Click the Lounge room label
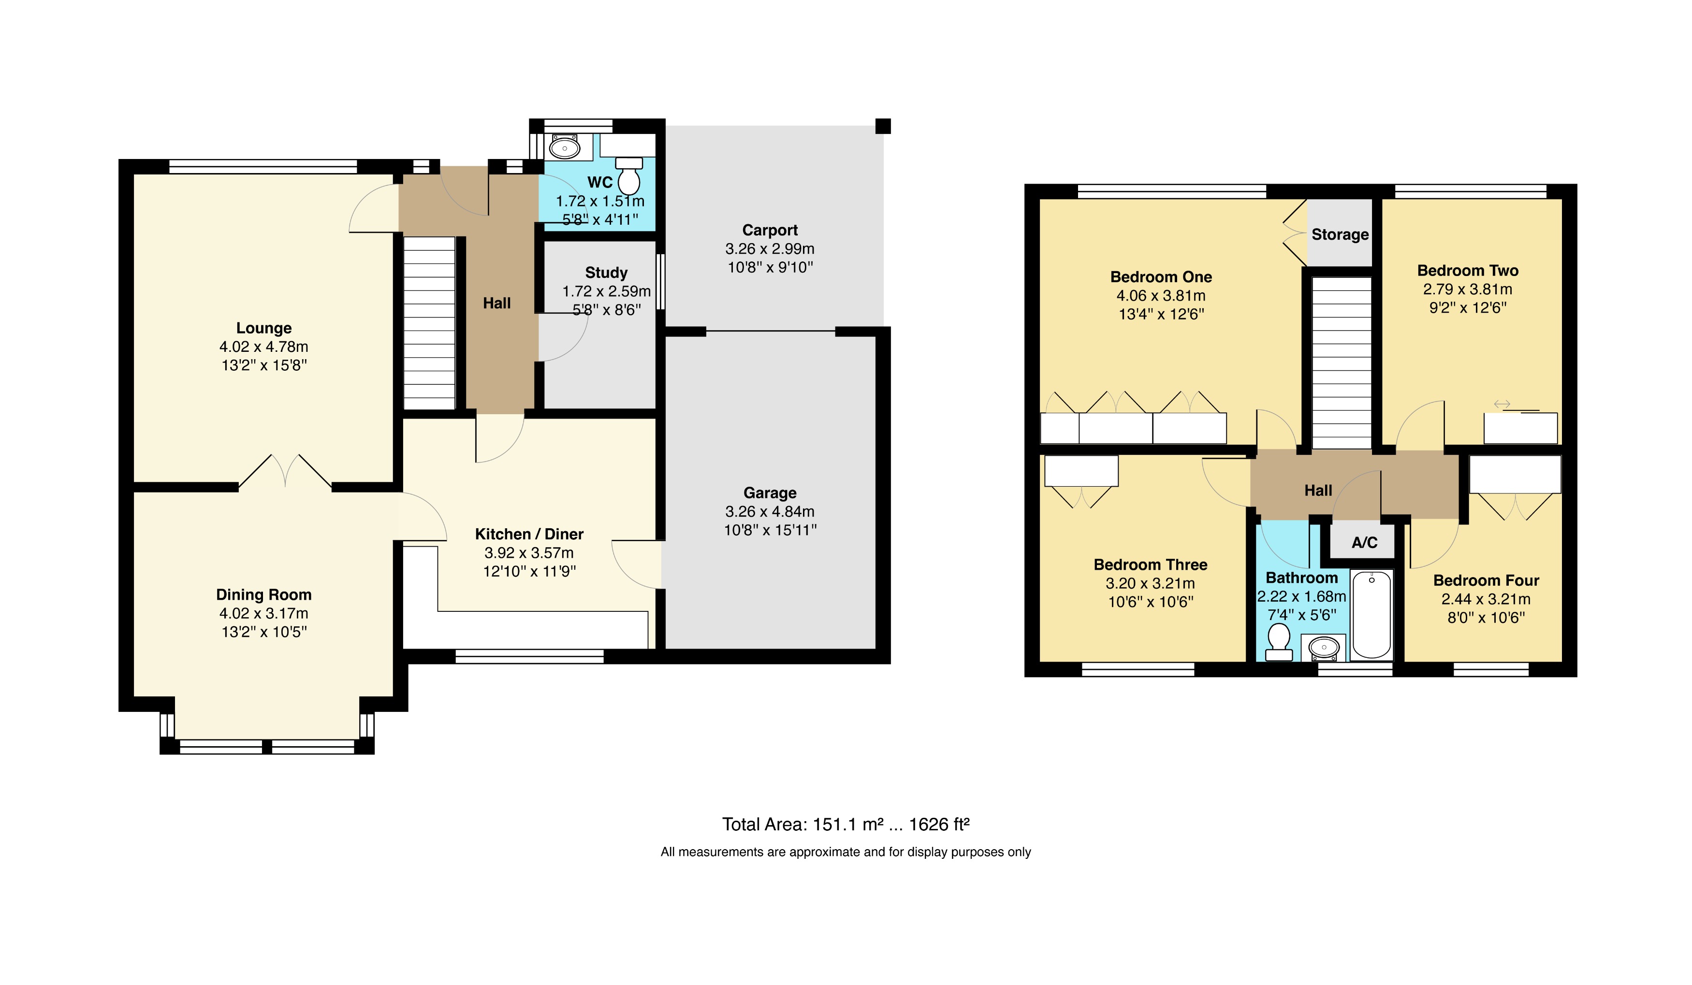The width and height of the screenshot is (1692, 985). point(264,328)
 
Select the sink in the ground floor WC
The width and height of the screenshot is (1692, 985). point(565,147)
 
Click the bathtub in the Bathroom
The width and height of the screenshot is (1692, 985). point(1371,614)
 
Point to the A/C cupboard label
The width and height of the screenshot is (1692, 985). point(1364,542)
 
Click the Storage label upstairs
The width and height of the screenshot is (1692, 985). point(1340,234)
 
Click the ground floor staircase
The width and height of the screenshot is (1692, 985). point(429,322)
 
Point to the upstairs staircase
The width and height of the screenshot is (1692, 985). point(1341,362)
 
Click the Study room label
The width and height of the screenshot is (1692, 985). point(606,273)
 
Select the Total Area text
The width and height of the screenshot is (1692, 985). point(846,825)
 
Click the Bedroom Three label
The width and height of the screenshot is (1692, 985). point(1150,565)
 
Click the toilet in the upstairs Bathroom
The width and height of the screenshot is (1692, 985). point(1278,641)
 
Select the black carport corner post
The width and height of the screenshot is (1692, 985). point(883,126)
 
